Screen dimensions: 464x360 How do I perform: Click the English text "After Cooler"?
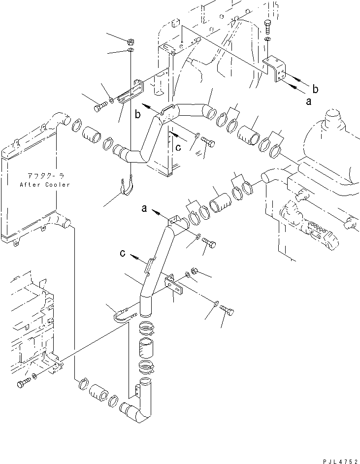(45, 185)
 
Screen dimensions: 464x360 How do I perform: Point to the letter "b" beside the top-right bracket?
(316, 89)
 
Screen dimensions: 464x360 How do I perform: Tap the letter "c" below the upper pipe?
(178, 146)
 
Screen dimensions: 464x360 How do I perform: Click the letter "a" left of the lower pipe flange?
(144, 209)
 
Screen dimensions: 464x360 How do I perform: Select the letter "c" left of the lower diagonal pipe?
(123, 253)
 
